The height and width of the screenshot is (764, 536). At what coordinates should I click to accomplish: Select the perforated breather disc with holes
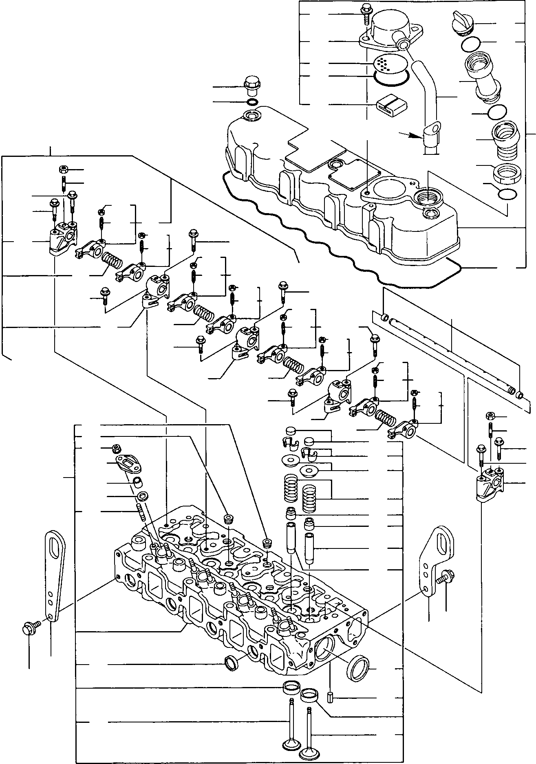(x=384, y=64)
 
